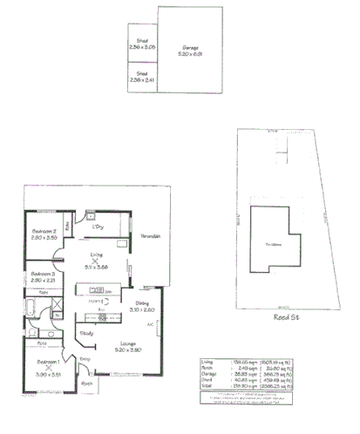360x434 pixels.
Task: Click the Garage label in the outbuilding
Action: point(190,48)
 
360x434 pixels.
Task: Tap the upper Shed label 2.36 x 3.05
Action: point(142,40)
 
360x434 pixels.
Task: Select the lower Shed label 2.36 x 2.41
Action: point(142,76)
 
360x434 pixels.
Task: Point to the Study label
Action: point(87,332)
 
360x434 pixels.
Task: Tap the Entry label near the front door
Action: point(85,358)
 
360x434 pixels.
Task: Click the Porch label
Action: point(86,383)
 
